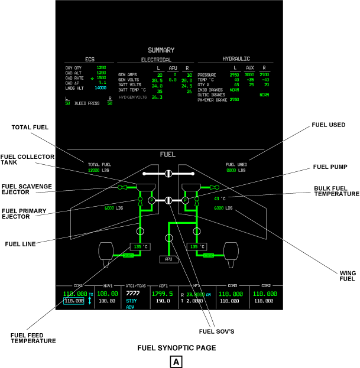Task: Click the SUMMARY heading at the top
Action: [161, 50]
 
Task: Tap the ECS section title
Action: [89, 59]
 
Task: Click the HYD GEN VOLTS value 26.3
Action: [157, 97]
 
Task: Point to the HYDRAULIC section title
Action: [236, 59]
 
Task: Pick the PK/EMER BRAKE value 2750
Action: [234, 100]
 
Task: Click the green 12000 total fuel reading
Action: [94, 170]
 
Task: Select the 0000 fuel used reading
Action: [231, 170]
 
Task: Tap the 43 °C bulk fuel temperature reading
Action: [220, 199]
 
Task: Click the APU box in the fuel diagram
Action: [168, 259]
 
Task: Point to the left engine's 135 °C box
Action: [139, 246]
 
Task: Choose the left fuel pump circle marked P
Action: [151, 201]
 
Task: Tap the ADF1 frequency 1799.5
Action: [161, 293]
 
